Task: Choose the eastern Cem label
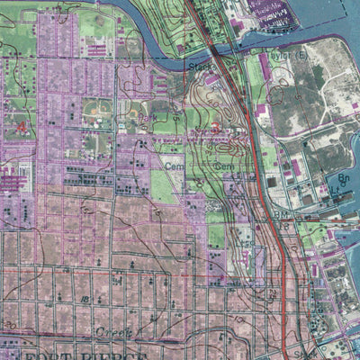225,166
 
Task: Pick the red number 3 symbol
21,128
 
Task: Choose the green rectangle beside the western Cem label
162,185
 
